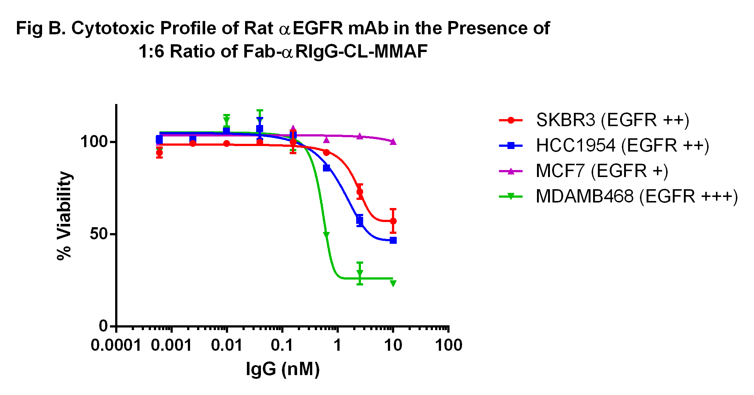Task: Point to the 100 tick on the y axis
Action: [x=94, y=142]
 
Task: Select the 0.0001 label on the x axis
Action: [x=116, y=346]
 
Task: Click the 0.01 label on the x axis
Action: [x=227, y=346]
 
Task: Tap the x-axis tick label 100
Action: [x=448, y=346]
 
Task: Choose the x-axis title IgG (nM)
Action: [x=283, y=369]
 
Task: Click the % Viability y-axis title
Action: [x=64, y=216]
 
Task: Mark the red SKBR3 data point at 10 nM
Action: [x=393, y=221]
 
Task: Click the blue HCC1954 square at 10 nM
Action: [x=393, y=240]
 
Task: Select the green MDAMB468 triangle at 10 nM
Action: [x=393, y=283]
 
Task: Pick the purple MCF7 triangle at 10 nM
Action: [x=393, y=142]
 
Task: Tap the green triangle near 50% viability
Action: [x=326, y=235]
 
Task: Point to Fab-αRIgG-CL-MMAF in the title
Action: [x=335, y=51]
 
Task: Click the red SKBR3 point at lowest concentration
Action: [x=159, y=153]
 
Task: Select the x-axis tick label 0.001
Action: [x=171, y=346]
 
